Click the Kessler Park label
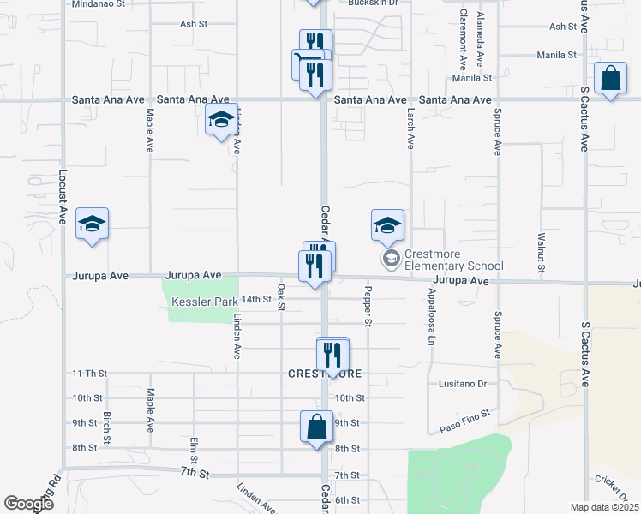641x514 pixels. click(x=204, y=302)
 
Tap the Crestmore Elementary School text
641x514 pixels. click(x=452, y=260)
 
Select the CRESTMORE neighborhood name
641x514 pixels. click(x=325, y=374)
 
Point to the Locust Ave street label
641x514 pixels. click(x=63, y=197)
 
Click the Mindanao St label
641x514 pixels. click(x=99, y=4)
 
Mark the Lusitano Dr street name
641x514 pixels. click(x=462, y=384)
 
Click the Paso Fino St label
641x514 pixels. click(x=464, y=419)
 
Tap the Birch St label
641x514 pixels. click(x=107, y=428)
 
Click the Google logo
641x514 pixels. click(x=28, y=504)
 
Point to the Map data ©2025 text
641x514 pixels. click(x=603, y=507)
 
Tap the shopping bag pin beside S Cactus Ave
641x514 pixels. click(x=610, y=80)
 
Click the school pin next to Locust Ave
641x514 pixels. click(x=92, y=224)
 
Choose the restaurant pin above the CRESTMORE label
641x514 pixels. click(x=332, y=355)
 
